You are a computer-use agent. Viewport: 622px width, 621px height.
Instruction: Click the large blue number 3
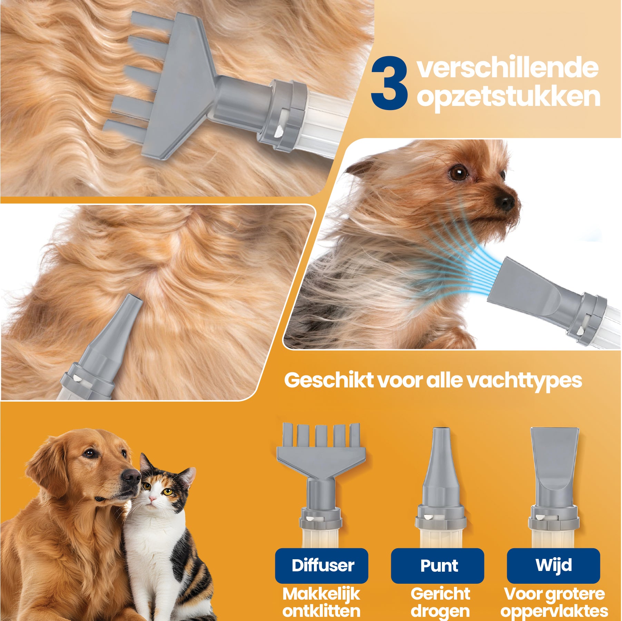coord(389,84)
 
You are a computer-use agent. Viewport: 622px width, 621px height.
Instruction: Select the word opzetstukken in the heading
coord(509,97)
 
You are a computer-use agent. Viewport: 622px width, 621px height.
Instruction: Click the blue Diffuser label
coord(322,565)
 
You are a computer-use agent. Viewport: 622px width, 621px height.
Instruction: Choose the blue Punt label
coord(437,565)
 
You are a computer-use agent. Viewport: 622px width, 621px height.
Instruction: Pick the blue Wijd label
coord(553,565)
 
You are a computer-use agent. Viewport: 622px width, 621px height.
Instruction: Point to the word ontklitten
coord(321,611)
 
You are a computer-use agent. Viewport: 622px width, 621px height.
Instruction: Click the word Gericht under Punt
coord(440,594)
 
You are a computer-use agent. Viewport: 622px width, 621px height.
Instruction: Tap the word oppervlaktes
coord(554,611)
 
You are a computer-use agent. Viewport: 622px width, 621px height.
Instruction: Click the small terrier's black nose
coord(506,203)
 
